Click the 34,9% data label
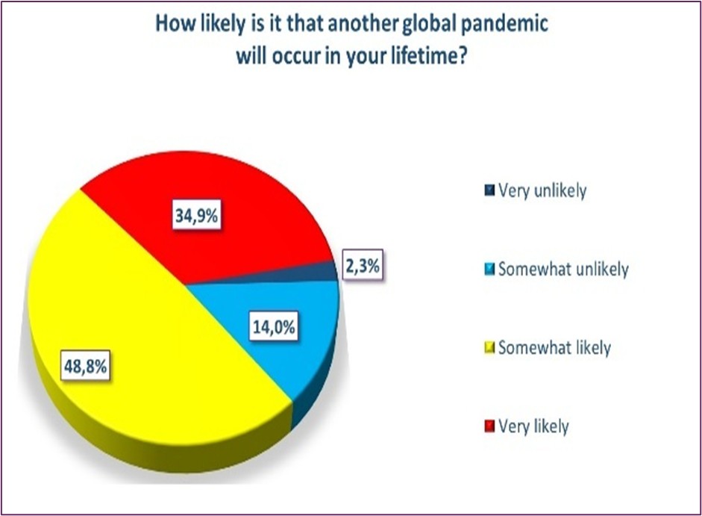click(x=197, y=216)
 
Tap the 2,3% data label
click(x=363, y=266)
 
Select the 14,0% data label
click(x=274, y=327)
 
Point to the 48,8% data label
click(x=85, y=367)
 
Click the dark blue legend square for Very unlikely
click(x=490, y=190)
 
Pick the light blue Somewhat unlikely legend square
click(x=490, y=269)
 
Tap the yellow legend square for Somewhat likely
click(x=490, y=347)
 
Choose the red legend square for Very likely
click(x=490, y=426)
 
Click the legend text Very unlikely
click(x=542, y=191)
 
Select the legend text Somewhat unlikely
click(x=564, y=269)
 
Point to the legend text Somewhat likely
click(x=555, y=348)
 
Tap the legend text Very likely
click(x=533, y=426)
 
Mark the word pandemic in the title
click(x=504, y=24)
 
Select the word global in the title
click(x=430, y=24)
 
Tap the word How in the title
click(x=176, y=23)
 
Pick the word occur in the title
click(x=295, y=57)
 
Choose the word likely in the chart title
click(x=222, y=24)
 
